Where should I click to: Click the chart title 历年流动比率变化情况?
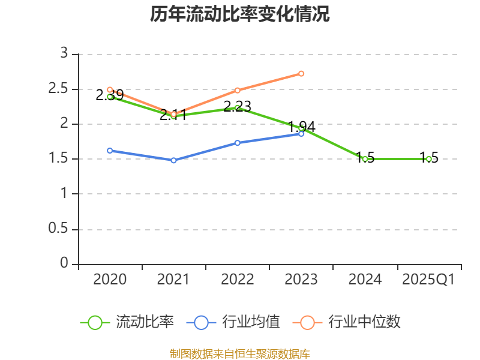(240, 14)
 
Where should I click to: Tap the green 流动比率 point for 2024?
(365, 159)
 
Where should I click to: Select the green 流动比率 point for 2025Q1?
(428, 159)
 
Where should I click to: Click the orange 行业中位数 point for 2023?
(301, 73)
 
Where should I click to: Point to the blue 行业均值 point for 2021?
(174, 160)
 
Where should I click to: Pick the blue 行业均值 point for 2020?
(110, 151)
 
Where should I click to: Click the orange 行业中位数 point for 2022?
(238, 90)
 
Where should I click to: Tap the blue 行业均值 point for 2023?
(301, 134)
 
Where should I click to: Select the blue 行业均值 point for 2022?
(238, 143)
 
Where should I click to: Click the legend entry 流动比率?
(127, 322)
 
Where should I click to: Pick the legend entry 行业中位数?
(347, 322)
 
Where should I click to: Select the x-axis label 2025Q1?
(428, 280)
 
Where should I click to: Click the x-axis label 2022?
(238, 280)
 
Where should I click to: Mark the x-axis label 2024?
(365, 280)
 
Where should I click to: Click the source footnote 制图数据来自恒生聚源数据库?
(240, 353)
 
